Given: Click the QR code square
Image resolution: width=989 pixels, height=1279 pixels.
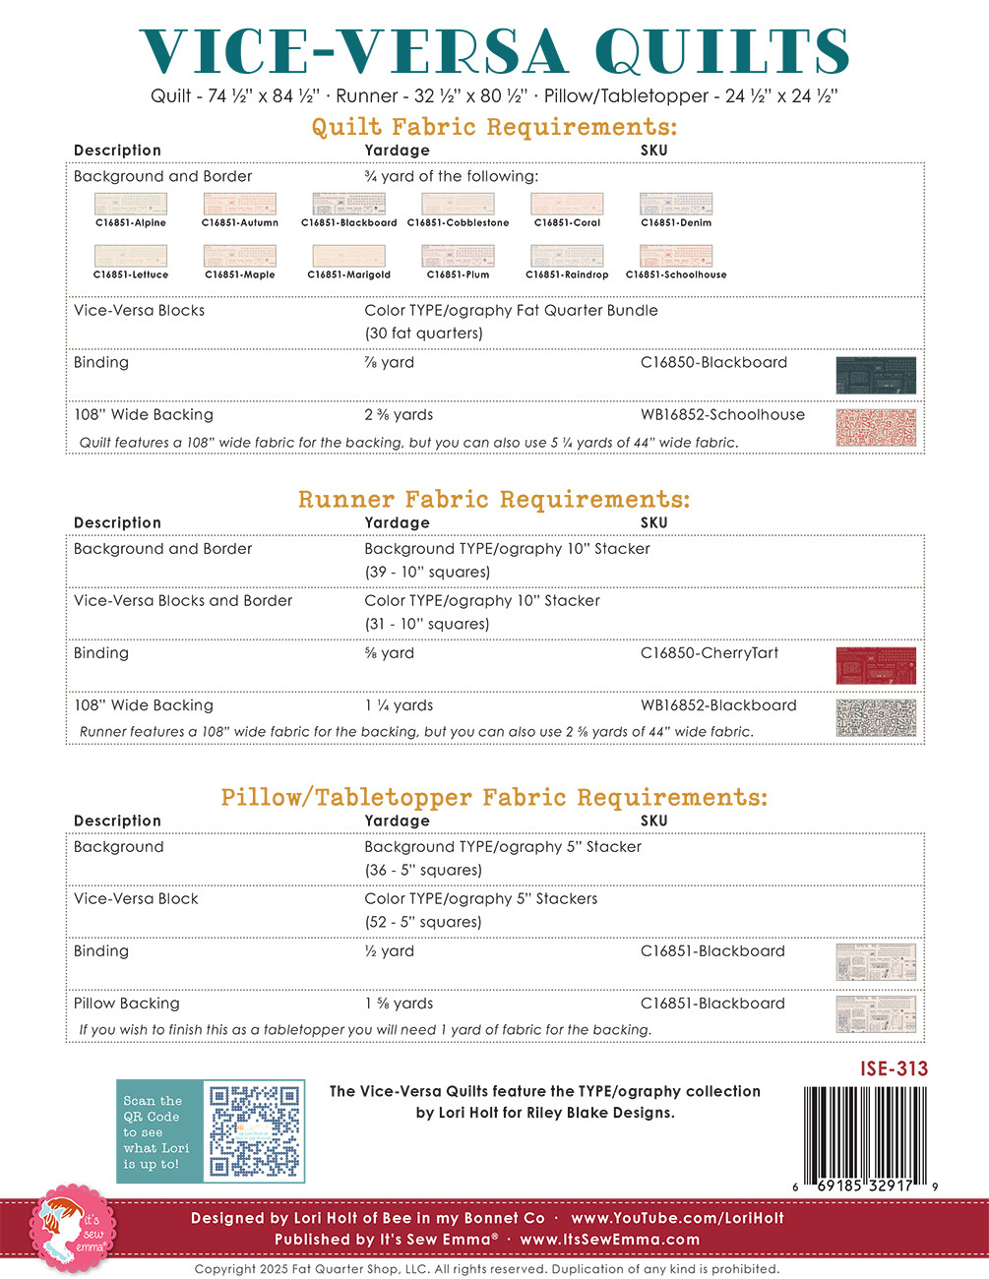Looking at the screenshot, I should click(x=254, y=1131).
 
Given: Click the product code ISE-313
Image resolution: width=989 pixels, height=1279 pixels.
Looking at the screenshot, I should click(x=894, y=1068).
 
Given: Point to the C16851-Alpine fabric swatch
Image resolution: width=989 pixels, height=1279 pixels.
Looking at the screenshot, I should click(x=131, y=204).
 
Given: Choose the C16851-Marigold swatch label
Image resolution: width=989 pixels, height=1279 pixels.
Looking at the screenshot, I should click(x=348, y=275).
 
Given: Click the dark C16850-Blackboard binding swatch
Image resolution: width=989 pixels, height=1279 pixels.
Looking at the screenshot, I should click(x=875, y=376).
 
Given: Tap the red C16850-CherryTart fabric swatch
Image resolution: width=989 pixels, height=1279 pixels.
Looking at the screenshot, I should click(x=875, y=666).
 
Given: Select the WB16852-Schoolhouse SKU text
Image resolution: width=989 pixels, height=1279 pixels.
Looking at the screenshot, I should click(x=722, y=415).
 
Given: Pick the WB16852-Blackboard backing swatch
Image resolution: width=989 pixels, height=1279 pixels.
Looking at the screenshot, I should click(x=875, y=718).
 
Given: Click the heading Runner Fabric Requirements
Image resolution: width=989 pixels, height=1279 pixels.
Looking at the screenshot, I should click(x=494, y=500).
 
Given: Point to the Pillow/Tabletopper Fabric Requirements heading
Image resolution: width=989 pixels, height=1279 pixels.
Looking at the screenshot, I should click(x=494, y=798).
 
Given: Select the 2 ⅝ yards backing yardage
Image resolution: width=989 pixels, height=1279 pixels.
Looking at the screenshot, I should click(x=399, y=415).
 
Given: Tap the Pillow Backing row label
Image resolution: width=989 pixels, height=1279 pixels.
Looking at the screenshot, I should click(x=127, y=1004).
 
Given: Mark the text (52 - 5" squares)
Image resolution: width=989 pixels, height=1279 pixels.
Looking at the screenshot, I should click(x=423, y=922).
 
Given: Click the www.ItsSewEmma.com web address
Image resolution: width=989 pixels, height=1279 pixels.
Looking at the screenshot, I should click(x=610, y=1240).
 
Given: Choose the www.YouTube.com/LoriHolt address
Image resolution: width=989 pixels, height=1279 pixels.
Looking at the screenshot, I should click(x=677, y=1218).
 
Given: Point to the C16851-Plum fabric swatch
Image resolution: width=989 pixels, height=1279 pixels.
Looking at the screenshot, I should click(x=458, y=256).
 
